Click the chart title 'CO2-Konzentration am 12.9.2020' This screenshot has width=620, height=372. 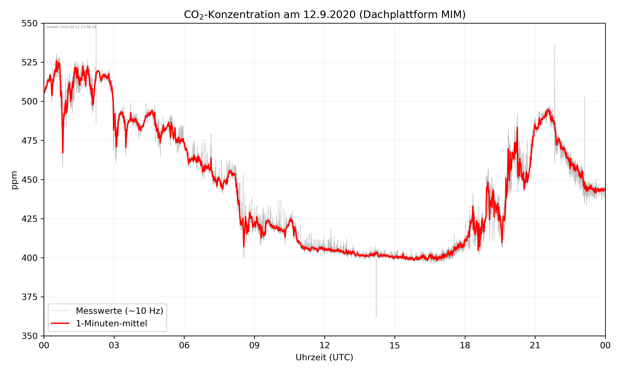324,14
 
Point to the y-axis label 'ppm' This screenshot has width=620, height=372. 14,180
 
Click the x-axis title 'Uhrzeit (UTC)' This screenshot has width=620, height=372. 324,357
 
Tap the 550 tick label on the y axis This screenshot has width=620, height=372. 29,23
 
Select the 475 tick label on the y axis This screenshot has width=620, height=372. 29,141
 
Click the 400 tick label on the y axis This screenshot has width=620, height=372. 29,258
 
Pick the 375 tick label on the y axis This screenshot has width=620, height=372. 29,297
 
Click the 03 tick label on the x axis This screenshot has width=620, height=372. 114,345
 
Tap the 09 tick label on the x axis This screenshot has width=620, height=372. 254,345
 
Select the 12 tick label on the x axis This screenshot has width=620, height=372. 324,345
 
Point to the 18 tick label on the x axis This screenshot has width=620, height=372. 465,345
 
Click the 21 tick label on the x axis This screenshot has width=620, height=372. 535,345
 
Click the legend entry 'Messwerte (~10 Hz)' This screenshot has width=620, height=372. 119,311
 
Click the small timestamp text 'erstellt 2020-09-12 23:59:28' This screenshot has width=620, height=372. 71,27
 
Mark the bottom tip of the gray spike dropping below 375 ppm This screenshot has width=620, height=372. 376,317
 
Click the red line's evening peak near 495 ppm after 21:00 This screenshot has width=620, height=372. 548,110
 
